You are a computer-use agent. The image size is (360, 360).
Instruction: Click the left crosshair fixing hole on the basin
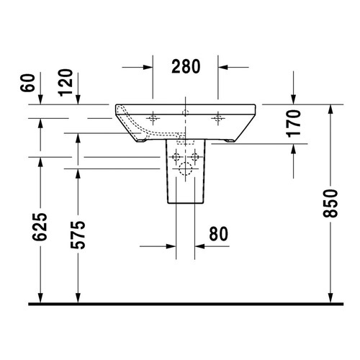pos(153,117)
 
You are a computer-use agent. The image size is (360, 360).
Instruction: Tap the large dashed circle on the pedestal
pos(185,171)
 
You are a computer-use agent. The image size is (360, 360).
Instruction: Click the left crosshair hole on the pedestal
pos(174,156)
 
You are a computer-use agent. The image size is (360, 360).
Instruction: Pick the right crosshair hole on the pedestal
pos(195,156)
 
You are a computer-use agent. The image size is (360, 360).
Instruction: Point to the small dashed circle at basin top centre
pos(185,112)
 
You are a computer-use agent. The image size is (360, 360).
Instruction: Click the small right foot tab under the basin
pos(229,141)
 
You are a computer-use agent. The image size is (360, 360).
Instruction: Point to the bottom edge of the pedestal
pos(185,204)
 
